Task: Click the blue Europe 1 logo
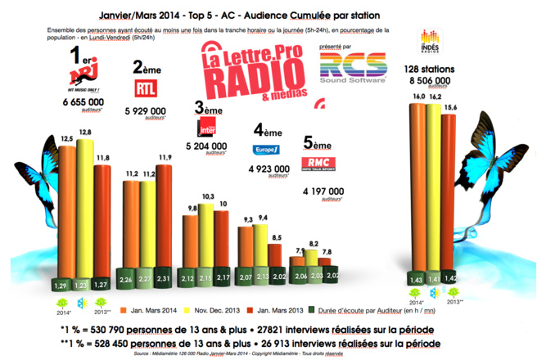pyautogui.click(x=266, y=149)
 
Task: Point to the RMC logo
pyautogui.click(x=322, y=163)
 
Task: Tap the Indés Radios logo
pyautogui.click(x=429, y=39)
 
